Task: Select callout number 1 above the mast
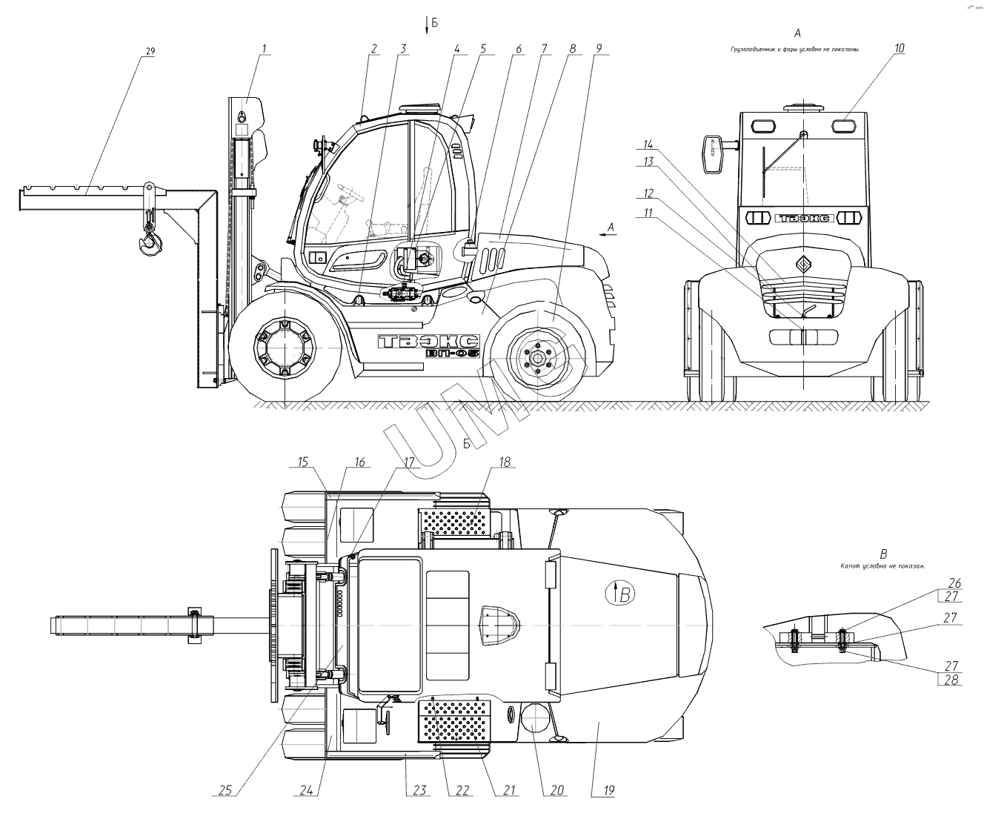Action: coord(265,49)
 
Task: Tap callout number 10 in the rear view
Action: coord(899,49)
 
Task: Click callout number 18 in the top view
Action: coord(504,462)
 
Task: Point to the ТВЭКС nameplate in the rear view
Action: coord(804,218)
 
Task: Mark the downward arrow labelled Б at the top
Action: coord(428,25)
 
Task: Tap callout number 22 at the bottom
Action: coord(462,791)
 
